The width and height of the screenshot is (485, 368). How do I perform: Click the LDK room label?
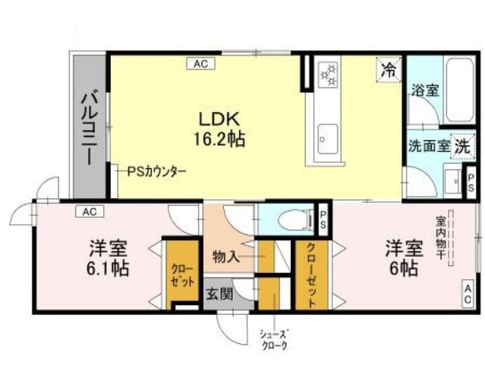[219, 119]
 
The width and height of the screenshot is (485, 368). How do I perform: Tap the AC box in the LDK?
[201, 64]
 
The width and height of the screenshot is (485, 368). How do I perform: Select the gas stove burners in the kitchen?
[329, 74]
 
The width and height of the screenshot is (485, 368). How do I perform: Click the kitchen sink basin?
[328, 139]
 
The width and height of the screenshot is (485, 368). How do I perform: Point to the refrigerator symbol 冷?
[388, 70]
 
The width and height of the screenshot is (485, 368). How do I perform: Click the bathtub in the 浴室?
[459, 90]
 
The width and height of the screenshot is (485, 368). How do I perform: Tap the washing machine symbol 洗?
[463, 146]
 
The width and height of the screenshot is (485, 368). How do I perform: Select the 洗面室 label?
[429, 146]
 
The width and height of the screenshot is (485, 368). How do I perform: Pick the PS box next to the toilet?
[323, 219]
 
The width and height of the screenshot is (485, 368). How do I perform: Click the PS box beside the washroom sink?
[470, 183]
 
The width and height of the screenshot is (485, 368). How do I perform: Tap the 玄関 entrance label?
[219, 294]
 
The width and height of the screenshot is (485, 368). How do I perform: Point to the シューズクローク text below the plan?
[274, 339]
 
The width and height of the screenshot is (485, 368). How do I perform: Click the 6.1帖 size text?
[107, 268]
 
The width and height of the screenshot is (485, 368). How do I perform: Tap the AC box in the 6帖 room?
[467, 295]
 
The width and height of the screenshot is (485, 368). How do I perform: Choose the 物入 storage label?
[226, 257]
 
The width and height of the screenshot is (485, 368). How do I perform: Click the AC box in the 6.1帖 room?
[90, 212]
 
